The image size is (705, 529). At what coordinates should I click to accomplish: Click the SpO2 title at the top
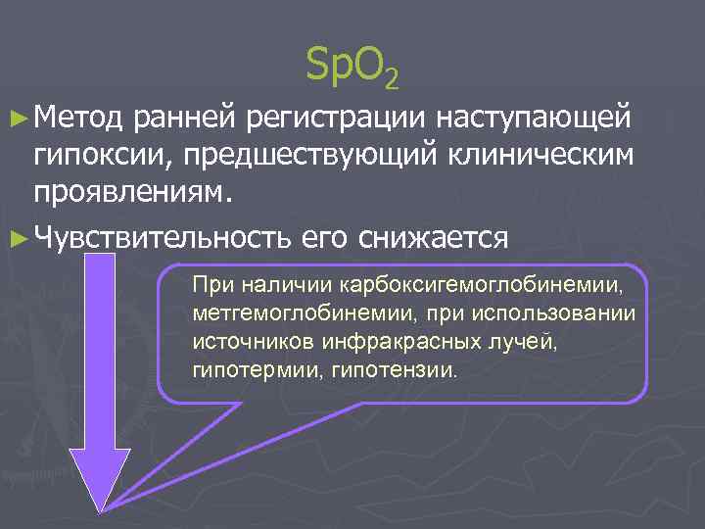pyautogui.click(x=352, y=67)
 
